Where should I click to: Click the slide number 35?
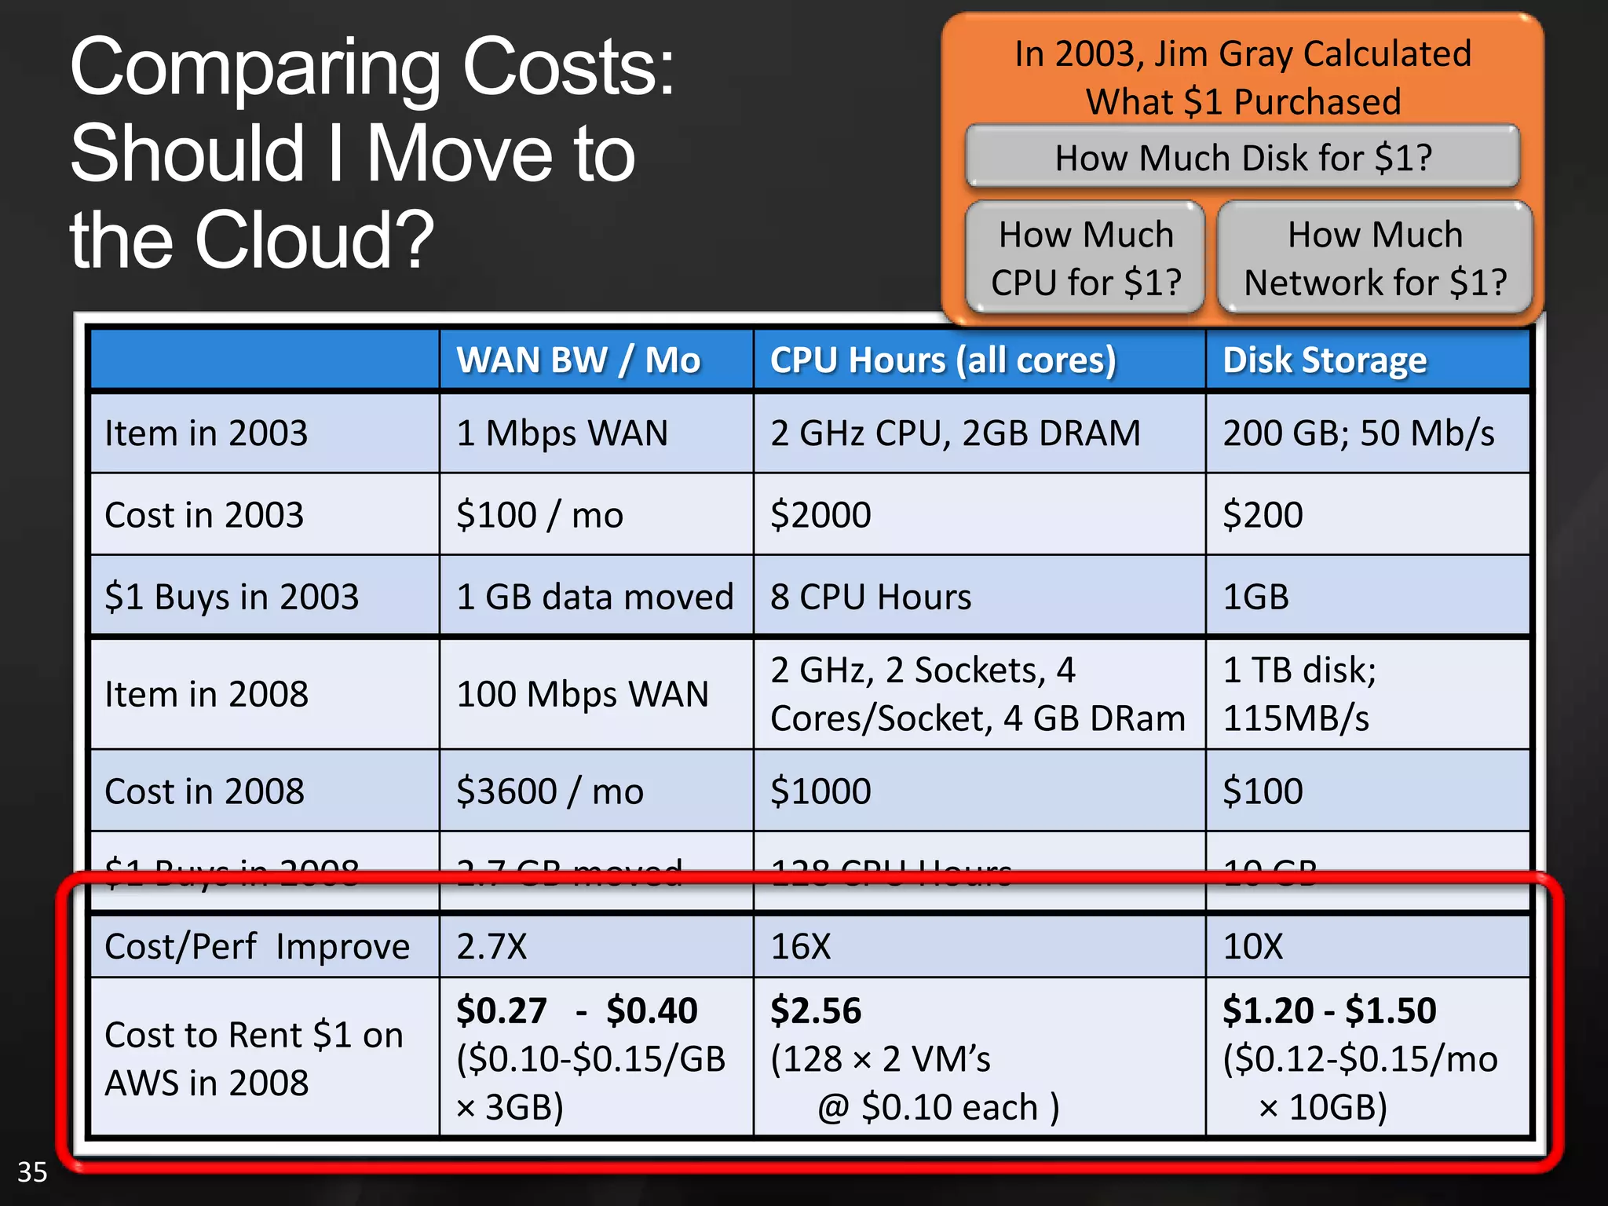pyautogui.click(x=32, y=1172)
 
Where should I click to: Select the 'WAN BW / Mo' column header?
pyautogui.click(x=579, y=360)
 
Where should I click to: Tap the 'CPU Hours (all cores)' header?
pyautogui.click(x=942, y=360)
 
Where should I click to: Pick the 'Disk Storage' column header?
pyautogui.click(x=1325, y=360)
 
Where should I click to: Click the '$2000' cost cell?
pyautogui.click(x=820, y=515)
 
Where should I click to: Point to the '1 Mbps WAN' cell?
pyautogui.click(x=562, y=433)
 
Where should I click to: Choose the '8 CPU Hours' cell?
pyautogui.click(x=871, y=597)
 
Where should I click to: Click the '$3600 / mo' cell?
pyautogui.click(x=550, y=791)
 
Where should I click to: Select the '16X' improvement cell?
pyautogui.click(x=800, y=946)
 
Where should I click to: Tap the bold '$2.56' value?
pyautogui.click(x=816, y=1010)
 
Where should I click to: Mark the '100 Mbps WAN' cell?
pyautogui.click(x=583, y=695)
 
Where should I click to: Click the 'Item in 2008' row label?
pyautogui.click(x=206, y=695)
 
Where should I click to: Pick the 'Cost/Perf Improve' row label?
pyautogui.click(x=257, y=946)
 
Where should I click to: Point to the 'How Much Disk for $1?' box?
pyautogui.click(x=1243, y=158)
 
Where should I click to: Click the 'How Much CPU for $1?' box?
pyautogui.click(x=1086, y=258)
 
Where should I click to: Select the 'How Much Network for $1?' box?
pyautogui.click(x=1375, y=258)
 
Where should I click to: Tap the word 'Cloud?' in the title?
pyautogui.click(x=314, y=239)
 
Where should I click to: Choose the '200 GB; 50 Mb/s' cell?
pyautogui.click(x=1358, y=433)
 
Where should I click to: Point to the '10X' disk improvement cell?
pyautogui.click(x=1253, y=946)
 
